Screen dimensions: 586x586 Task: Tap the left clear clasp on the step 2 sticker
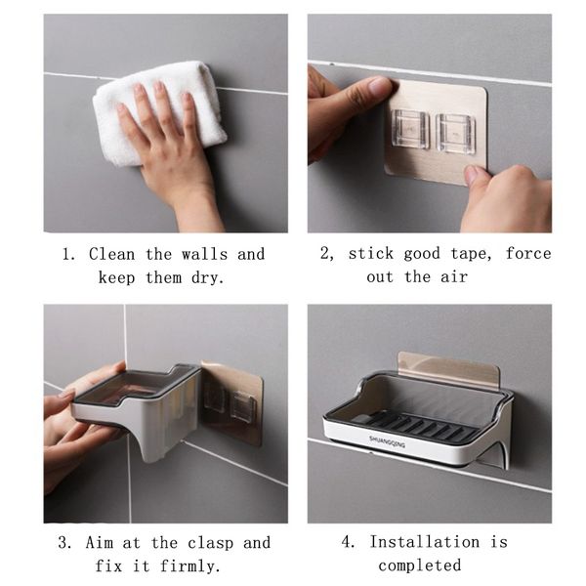point(410,129)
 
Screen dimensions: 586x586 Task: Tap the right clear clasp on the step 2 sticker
point(455,134)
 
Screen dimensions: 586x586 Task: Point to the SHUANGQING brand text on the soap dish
point(387,441)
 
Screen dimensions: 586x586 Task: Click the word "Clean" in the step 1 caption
point(111,255)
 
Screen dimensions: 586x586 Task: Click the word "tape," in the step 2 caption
point(471,254)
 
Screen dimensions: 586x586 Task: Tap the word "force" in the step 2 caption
point(528,253)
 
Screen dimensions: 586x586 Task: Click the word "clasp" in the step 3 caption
point(210,543)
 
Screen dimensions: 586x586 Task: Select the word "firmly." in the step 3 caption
point(189,565)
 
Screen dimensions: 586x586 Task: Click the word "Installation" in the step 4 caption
point(425,542)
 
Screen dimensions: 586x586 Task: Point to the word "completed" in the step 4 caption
point(420,565)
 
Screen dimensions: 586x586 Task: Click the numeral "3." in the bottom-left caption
point(65,543)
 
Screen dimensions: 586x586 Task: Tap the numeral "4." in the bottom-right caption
point(349,542)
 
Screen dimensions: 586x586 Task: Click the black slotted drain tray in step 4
point(415,426)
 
